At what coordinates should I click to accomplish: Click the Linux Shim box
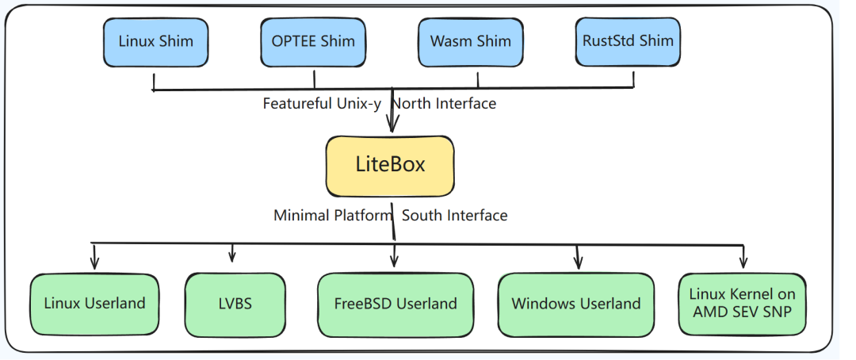tap(155, 43)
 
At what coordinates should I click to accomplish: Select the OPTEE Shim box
tap(313, 43)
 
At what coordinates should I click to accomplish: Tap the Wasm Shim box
tap(471, 43)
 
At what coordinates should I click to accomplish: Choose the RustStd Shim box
tap(628, 42)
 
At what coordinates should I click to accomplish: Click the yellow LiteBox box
tap(390, 166)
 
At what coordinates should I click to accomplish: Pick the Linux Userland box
tap(94, 304)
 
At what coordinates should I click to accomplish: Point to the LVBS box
tap(235, 305)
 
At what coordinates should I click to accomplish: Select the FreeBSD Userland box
tap(396, 305)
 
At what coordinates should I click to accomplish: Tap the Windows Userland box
tap(576, 304)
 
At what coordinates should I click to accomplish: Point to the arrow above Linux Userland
tap(94, 256)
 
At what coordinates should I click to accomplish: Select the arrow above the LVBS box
tap(232, 252)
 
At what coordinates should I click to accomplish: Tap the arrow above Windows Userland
tap(578, 256)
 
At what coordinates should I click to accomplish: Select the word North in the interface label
tap(413, 103)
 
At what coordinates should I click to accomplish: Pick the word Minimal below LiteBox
tap(302, 215)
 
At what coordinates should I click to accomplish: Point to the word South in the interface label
tap(421, 215)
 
